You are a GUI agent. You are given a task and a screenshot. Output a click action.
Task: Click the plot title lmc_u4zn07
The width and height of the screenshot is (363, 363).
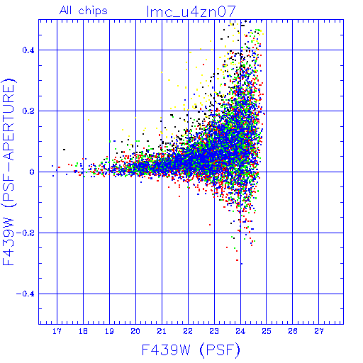191,12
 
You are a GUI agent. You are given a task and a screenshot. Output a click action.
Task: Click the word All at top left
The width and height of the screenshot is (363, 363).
65,11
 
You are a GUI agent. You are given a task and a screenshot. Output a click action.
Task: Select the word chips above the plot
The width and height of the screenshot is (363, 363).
93,11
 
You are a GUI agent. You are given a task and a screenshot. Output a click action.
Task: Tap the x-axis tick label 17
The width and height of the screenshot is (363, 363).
57,331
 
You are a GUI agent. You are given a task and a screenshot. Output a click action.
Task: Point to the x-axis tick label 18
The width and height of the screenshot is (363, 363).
83,331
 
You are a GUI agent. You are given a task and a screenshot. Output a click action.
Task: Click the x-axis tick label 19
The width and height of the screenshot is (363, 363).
109,331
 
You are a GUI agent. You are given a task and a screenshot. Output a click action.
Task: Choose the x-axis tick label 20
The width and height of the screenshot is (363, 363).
135,331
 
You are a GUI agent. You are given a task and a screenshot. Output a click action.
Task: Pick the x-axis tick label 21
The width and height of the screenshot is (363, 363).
162,331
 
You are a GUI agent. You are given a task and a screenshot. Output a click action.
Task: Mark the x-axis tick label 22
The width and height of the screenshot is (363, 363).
188,331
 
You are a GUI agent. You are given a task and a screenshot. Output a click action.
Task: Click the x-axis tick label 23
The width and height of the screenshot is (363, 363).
214,331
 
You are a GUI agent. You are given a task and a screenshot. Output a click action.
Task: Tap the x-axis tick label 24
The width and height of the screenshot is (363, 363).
240,331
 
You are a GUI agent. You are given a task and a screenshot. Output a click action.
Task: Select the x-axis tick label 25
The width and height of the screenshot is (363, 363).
267,331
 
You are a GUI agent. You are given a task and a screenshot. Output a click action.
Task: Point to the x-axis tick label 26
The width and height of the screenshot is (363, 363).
293,331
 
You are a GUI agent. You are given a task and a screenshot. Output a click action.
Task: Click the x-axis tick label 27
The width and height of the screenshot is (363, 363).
319,331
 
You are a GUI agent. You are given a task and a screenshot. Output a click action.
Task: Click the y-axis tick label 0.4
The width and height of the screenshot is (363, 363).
28,50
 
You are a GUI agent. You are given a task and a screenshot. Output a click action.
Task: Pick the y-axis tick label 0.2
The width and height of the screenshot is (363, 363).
28,111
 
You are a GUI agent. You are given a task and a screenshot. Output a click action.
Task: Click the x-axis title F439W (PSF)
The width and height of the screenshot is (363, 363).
191,350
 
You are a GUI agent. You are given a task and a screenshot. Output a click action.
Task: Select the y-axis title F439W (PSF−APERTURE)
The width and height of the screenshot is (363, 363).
9,172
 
